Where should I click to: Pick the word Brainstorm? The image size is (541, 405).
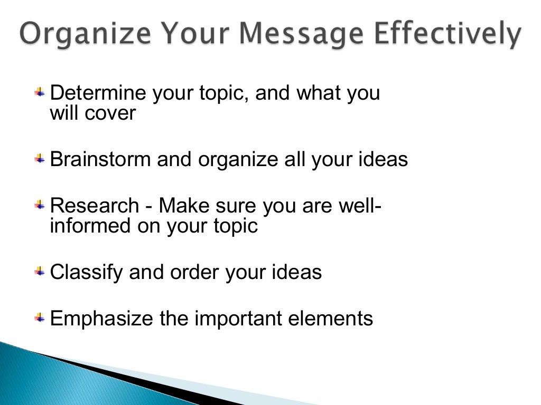100,160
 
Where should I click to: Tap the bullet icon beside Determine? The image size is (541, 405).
40,93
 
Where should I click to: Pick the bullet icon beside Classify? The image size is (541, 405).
40,272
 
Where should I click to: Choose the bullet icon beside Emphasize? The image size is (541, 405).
40,318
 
